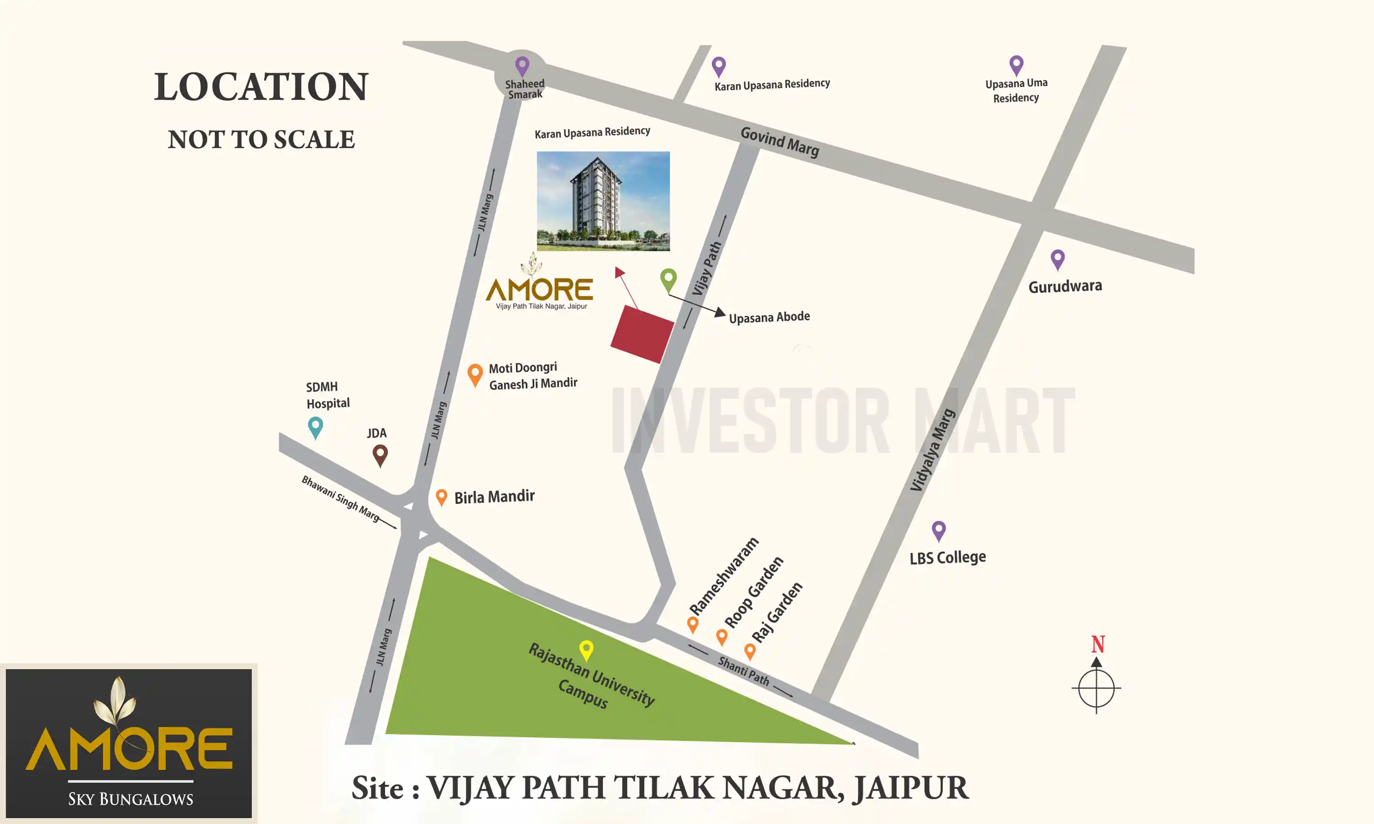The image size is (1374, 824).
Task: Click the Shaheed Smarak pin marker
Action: (522, 66)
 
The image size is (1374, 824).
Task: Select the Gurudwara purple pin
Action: (1058, 259)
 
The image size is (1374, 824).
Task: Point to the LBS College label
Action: (948, 558)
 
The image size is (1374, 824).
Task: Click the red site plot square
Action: (643, 334)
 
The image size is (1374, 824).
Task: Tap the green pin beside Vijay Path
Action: (668, 279)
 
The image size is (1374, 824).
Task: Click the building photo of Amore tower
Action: (603, 201)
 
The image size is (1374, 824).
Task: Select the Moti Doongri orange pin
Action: (475, 374)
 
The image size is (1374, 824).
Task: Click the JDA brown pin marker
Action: (380, 455)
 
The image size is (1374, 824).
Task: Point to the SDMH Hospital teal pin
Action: (316, 428)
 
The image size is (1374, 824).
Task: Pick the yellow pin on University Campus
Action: (587, 650)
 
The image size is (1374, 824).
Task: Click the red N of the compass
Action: (1098, 644)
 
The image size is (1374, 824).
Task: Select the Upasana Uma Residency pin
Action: (1016, 65)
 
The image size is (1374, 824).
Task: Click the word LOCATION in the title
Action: (261, 87)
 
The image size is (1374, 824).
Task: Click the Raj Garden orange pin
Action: (750, 651)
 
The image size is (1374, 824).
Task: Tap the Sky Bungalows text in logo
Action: (131, 799)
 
